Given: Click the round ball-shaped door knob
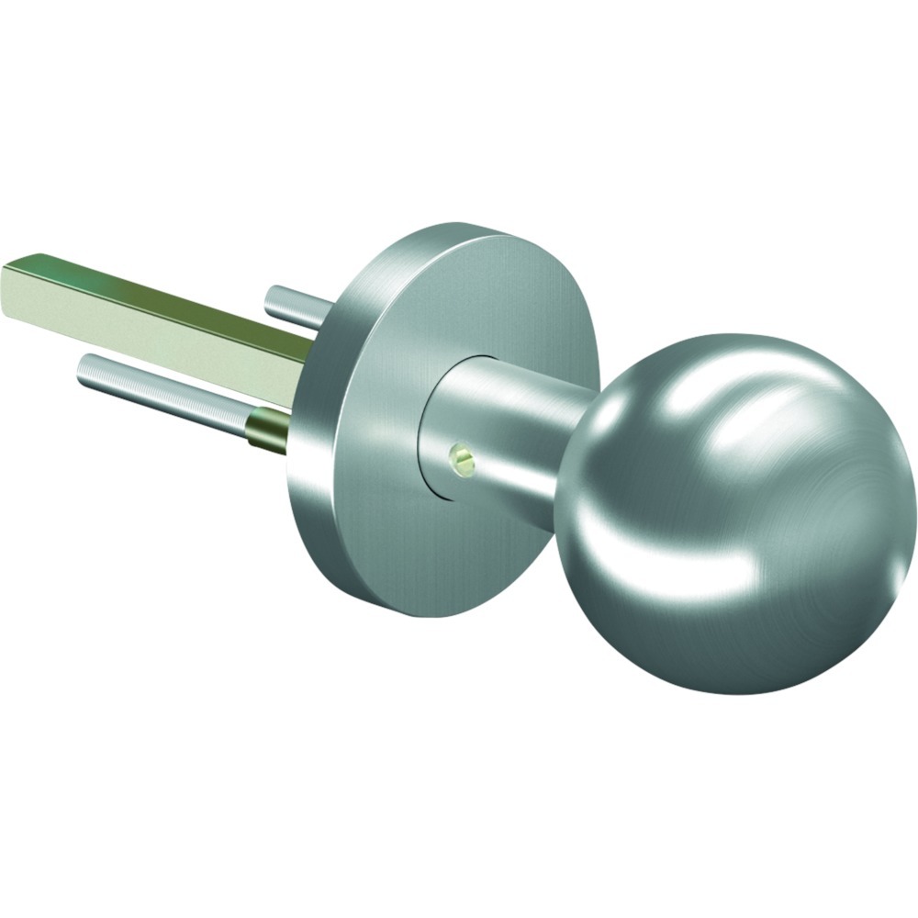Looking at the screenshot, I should click(x=734, y=514).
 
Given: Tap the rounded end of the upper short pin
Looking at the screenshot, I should click(x=272, y=297).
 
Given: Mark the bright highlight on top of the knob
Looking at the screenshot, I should click(x=734, y=386).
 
